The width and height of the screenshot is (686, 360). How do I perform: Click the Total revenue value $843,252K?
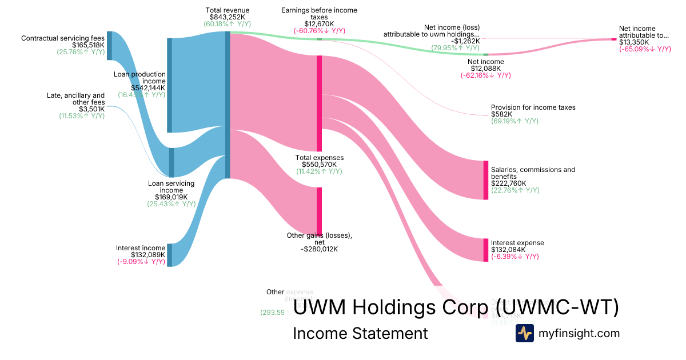228,17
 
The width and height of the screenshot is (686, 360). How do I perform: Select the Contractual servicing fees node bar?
109,46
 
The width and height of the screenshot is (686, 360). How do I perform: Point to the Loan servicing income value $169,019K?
171,197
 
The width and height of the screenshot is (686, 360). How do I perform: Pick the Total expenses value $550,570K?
319,165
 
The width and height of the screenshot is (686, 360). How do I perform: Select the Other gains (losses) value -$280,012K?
319,249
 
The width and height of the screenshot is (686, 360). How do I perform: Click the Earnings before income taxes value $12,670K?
319,24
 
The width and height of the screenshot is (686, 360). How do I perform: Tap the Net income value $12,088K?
485,69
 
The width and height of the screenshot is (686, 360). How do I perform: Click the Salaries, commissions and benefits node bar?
486,180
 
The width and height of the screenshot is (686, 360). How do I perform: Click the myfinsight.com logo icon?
524,333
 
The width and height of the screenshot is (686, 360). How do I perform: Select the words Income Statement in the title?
360,333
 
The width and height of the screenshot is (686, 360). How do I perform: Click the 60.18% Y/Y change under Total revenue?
228,24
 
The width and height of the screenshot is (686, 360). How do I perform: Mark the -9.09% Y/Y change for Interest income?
141,262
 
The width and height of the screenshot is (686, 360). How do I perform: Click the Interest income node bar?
169,255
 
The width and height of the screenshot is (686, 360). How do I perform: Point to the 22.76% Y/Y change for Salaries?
515,190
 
